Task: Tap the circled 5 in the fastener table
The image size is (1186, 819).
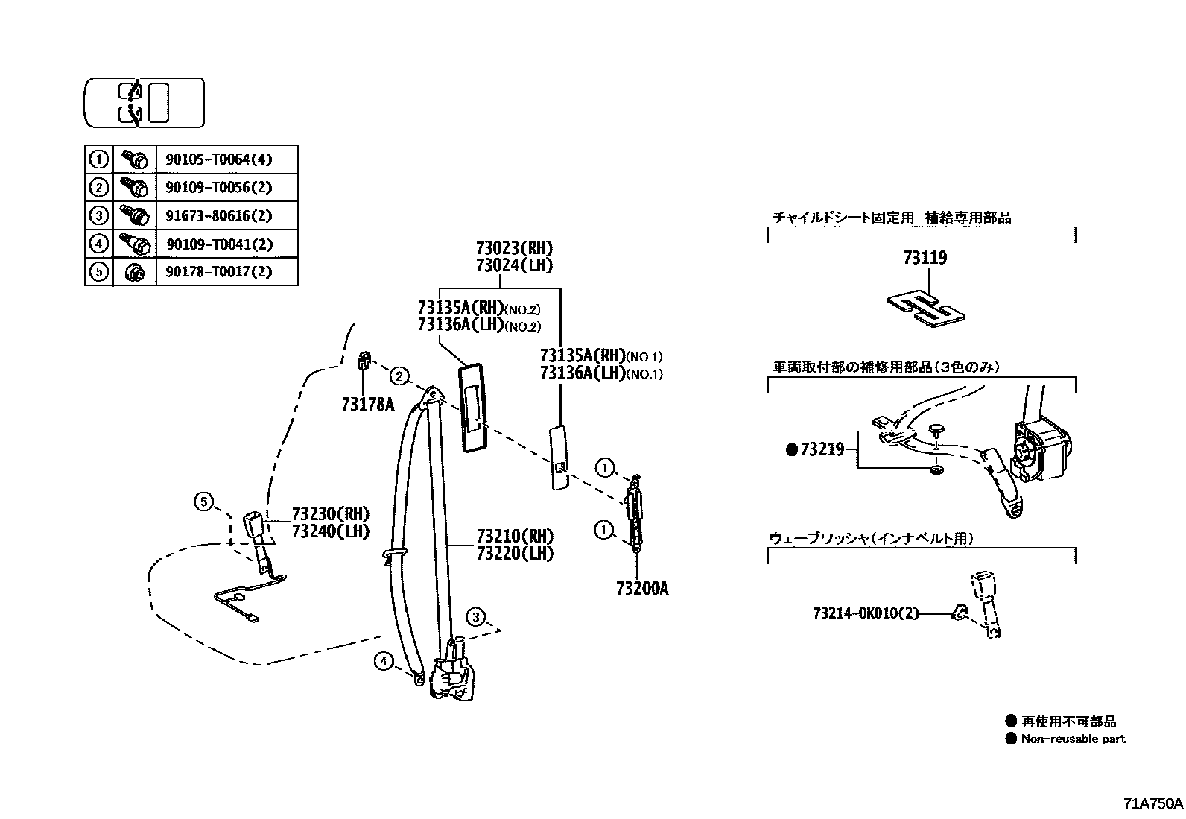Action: [x=98, y=272]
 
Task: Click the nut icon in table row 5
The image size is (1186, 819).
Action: [x=134, y=273]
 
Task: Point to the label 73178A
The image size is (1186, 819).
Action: [x=367, y=405]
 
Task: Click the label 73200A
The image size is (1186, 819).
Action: [x=642, y=589]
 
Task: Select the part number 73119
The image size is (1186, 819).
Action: [x=925, y=258]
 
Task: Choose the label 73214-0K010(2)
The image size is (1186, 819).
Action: [x=866, y=613]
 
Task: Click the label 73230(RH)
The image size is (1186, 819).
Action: [x=330, y=513]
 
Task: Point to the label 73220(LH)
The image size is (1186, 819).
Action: [x=515, y=554]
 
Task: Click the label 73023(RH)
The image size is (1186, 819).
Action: [x=514, y=248]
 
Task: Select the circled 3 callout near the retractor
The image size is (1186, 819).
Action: [x=476, y=617]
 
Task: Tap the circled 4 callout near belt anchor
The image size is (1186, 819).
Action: [x=384, y=660]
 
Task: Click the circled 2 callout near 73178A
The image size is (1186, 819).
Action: [x=400, y=376]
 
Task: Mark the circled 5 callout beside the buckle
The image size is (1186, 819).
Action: [x=203, y=502]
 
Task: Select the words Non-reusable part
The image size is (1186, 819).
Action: [x=1073, y=739]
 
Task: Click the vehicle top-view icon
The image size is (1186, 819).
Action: [x=143, y=102]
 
